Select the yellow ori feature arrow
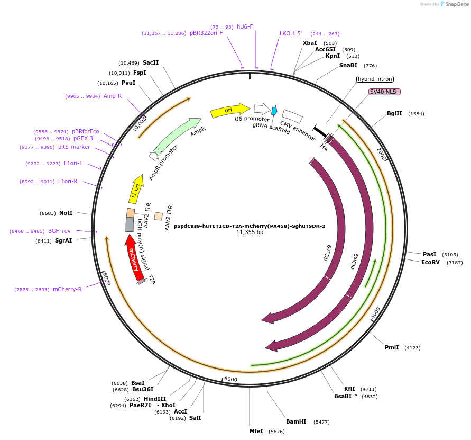coord(229,110)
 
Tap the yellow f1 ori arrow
coord(136,189)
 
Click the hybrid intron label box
coord(375,79)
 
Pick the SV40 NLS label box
coord(384,92)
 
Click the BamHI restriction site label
coord(296,422)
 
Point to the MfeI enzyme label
coord(256,432)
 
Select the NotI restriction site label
coord(66,213)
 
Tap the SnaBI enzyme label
coord(348,66)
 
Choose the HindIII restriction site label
coord(155,399)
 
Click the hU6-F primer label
coord(245,26)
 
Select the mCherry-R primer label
coord(67,289)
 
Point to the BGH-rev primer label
coord(59,231)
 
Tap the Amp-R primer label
coord(113,96)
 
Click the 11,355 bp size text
coord(250,232)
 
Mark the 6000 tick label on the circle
coord(230,379)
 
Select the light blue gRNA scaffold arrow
coord(274,111)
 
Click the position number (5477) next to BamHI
coord(321,422)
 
